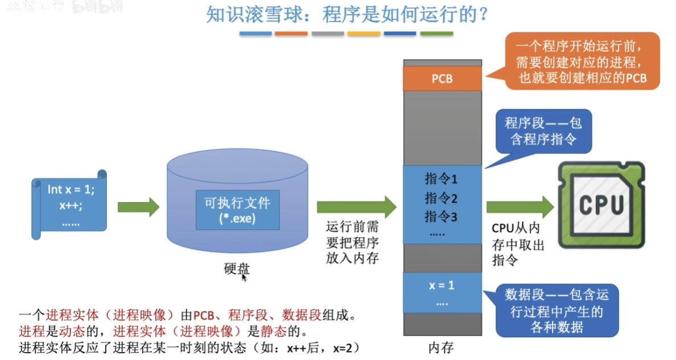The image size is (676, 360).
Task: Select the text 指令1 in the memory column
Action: [442, 180]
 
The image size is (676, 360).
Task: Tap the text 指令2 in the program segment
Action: [442, 198]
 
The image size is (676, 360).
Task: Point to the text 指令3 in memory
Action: [442, 217]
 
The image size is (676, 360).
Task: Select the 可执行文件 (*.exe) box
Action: [237, 210]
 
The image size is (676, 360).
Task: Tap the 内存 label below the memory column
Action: [442, 347]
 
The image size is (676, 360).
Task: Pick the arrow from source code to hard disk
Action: [138, 207]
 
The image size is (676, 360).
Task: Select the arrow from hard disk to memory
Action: [356, 207]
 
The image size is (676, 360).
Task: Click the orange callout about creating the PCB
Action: [583, 61]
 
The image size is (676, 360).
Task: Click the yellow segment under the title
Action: [364, 34]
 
